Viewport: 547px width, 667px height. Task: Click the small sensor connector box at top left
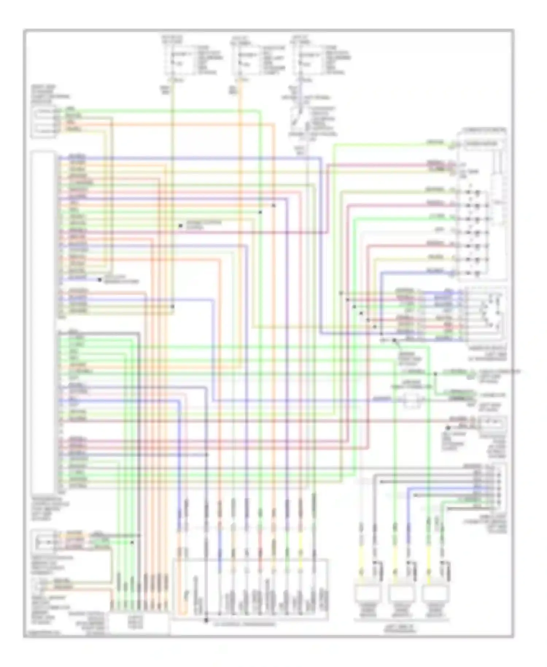pyautogui.click(x=43, y=123)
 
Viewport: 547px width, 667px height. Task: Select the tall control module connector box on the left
pyautogui.click(x=43, y=321)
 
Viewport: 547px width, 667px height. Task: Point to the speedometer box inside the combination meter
pyautogui.click(x=481, y=144)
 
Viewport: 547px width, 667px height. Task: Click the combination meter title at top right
pyautogui.click(x=483, y=130)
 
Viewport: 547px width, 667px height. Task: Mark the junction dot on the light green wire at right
pyautogui.click(x=435, y=374)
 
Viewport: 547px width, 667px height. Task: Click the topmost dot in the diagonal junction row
pyautogui.click(x=341, y=293)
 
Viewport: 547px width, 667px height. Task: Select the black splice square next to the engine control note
pyautogui.click(x=181, y=226)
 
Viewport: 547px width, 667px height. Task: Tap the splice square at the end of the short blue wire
pyautogui.click(x=100, y=280)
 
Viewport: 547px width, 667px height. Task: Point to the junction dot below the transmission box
pyautogui.click(x=206, y=620)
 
